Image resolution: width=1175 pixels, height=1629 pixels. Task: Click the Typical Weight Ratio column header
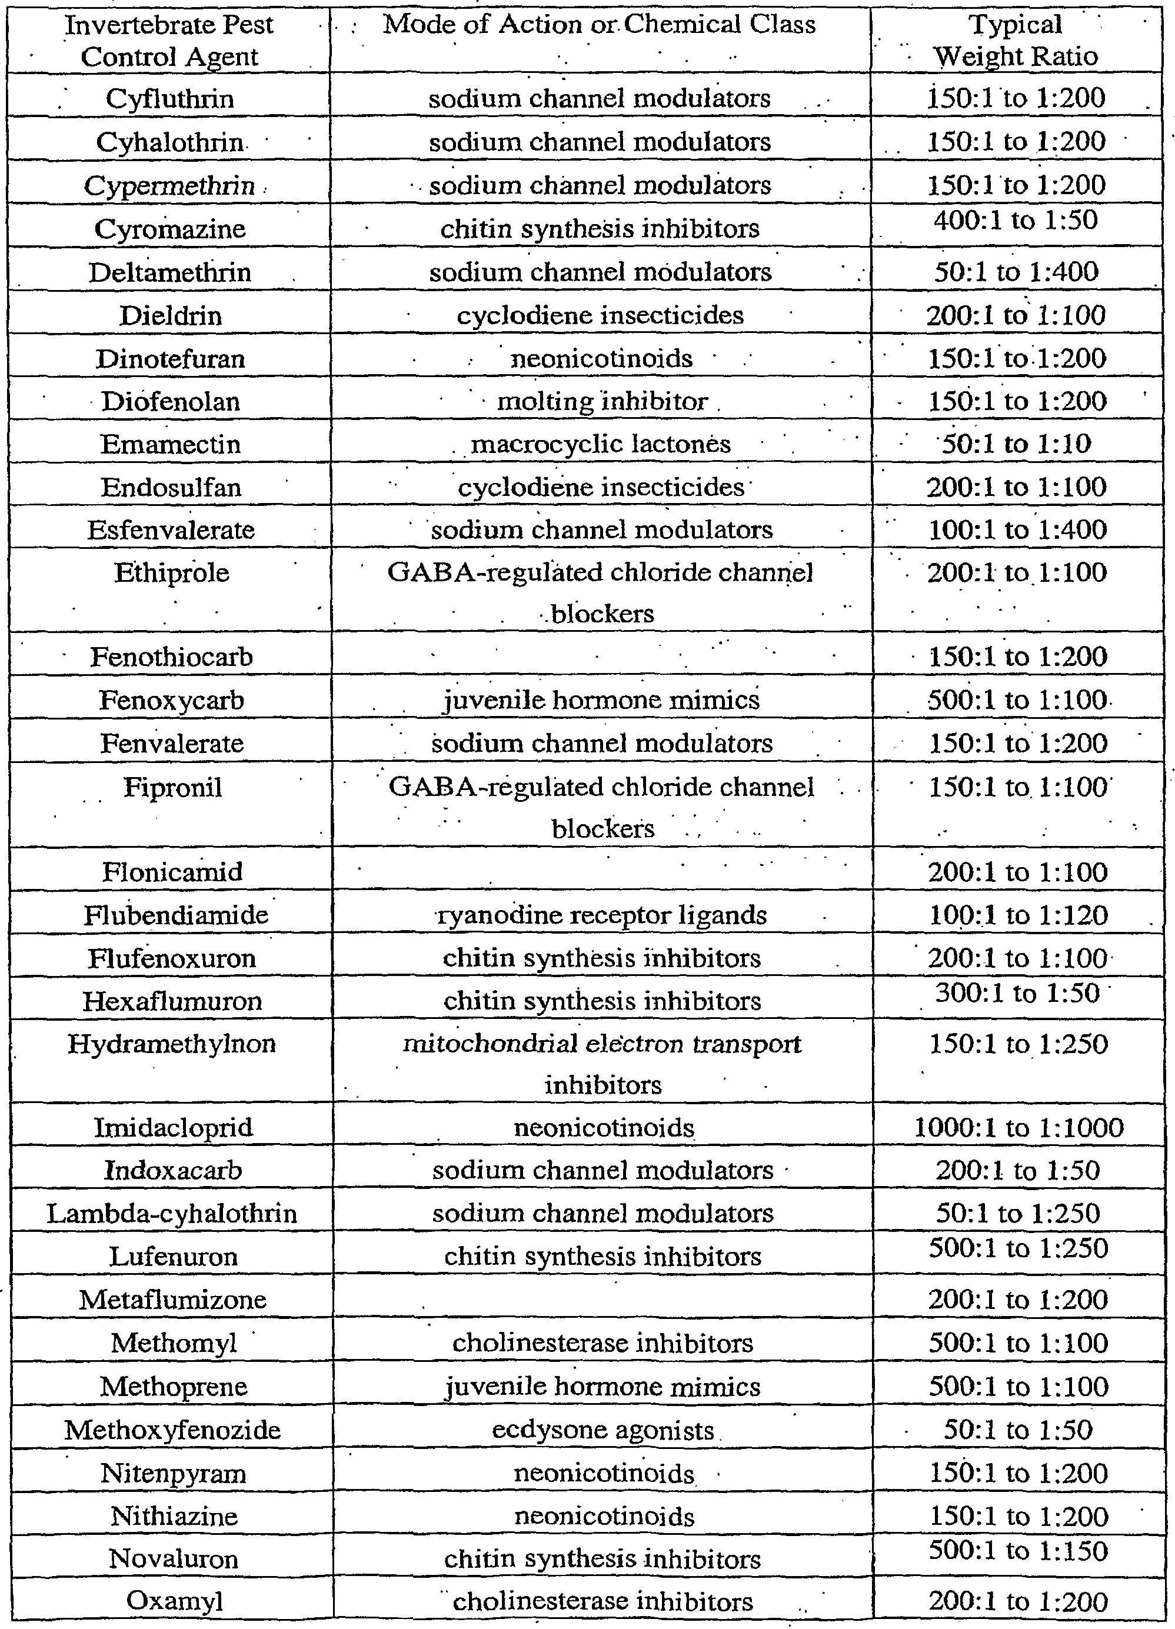tap(1016, 40)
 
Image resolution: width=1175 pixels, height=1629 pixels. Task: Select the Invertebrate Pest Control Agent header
tap(169, 40)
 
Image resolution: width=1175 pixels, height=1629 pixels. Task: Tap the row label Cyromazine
tap(170, 229)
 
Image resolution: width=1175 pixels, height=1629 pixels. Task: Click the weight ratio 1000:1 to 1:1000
tap(1018, 1127)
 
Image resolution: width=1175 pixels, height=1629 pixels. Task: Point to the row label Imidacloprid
tap(173, 1127)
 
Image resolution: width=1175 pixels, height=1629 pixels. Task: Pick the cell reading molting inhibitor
tap(602, 401)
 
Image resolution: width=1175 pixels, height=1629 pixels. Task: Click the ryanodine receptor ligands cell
tap(602, 915)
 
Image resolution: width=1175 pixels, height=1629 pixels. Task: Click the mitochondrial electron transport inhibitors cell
tap(602, 1063)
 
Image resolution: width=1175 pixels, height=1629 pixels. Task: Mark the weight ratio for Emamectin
tap(1016, 444)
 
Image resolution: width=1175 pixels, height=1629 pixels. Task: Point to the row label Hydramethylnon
tap(172, 1043)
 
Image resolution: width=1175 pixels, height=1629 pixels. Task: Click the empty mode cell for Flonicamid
tap(602, 872)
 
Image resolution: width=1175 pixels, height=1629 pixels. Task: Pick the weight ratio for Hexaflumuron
tap(1017, 994)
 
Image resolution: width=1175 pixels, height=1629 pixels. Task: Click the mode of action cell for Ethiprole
tap(601, 592)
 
